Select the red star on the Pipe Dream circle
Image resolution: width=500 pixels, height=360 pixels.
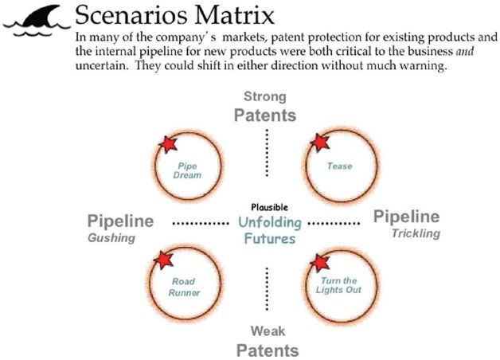pyautogui.click(x=167, y=144)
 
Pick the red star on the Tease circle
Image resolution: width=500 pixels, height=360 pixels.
pyautogui.click(x=319, y=143)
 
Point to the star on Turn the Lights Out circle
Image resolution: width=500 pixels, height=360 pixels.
pyautogui.click(x=319, y=263)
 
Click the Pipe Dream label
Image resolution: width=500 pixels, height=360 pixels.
pyautogui.click(x=189, y=170)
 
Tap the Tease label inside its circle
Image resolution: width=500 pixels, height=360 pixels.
pyautogui.click(x=340, y=166)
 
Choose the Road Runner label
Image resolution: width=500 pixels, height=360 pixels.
pyautogui.click(x=185, y=287)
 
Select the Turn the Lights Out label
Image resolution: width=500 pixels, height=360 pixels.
pyautogui.click(x=341, y=285)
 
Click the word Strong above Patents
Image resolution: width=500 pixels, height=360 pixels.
pyautogui.click(x=265, y=97)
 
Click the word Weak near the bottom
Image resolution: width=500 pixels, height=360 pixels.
pyautogui.click(x=266, y=331)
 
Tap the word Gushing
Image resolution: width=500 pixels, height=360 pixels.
pyautogui.click(x=111, y=238)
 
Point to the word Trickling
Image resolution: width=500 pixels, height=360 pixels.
pyautogui.click(x=414, y=233)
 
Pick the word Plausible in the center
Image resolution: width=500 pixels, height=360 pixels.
pyautogui.click(x=265, y=207)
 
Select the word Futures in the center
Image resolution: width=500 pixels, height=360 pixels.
pyautogui.click(x=265, y=238)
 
